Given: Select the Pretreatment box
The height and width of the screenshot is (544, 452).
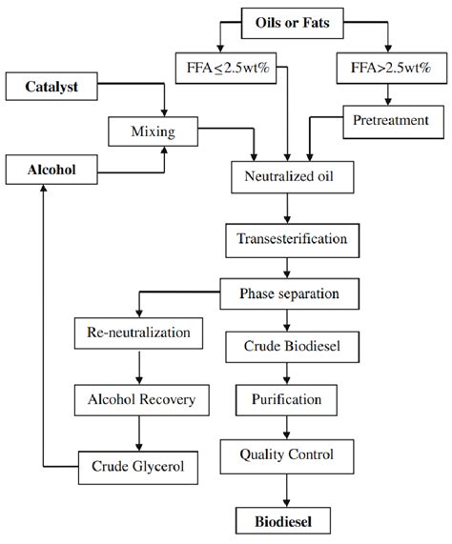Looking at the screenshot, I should [391, 120].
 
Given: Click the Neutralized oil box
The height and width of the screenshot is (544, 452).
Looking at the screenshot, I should [286, 177].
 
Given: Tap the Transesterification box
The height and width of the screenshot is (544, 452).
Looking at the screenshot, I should [286, 238].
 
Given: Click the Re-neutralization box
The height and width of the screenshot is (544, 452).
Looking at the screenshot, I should [138, 333].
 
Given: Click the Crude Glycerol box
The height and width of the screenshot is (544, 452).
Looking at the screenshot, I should [138, 467].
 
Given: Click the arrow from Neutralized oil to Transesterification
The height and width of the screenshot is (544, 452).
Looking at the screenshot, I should [286, 208].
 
